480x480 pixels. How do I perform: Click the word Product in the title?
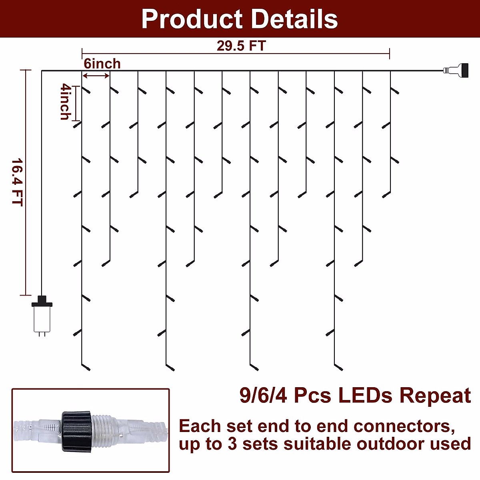pos(192,19)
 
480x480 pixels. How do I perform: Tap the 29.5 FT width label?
pos(241,46)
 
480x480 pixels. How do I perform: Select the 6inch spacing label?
pos(102,64)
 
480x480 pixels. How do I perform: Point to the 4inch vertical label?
pos(65,102)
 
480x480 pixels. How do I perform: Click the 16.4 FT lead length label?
pos(17,182)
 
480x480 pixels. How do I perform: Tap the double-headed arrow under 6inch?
pos(96,76)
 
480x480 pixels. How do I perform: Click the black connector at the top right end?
pos(464,71)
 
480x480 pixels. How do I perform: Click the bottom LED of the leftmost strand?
pos(86,367)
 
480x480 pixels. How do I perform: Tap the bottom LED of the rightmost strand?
pos(386,196)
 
